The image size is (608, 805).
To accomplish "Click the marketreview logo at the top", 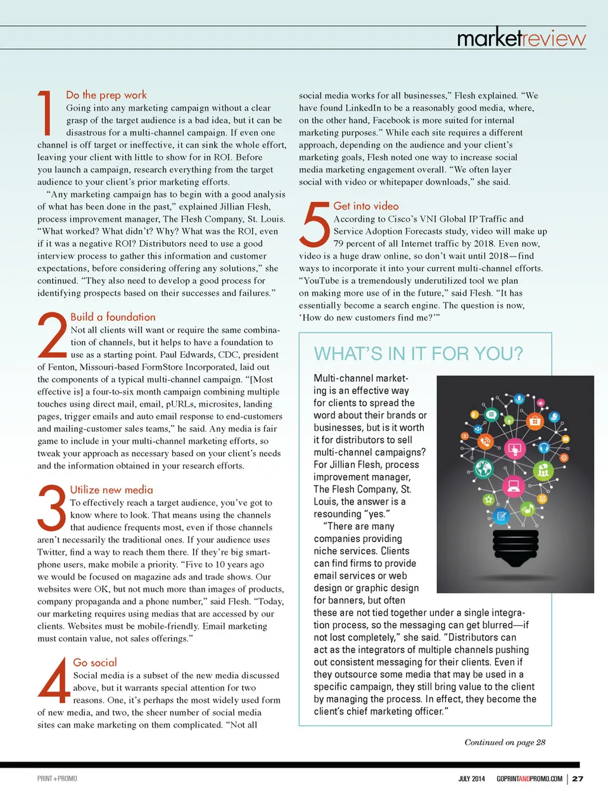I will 521,38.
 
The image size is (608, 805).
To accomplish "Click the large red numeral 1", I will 46,113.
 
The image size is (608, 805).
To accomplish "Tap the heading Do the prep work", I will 106,95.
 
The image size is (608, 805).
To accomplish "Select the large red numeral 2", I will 52,335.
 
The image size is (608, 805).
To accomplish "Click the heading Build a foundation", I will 113,317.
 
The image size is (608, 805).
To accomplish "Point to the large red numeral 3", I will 52,508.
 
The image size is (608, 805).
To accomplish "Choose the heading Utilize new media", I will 111,490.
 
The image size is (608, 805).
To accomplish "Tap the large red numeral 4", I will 54,680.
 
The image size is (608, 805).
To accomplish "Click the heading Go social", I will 95,662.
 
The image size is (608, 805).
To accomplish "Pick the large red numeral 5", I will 315,225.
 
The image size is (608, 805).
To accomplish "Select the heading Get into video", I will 366,206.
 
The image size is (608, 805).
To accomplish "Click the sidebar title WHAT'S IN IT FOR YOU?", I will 419,353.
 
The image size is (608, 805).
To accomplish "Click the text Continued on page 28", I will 505,742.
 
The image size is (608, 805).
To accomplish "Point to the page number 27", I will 578,778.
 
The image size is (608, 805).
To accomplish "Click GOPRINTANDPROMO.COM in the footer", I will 529,778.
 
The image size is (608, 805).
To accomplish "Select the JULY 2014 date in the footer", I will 472,778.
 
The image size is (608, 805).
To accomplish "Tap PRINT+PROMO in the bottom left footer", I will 57,778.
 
